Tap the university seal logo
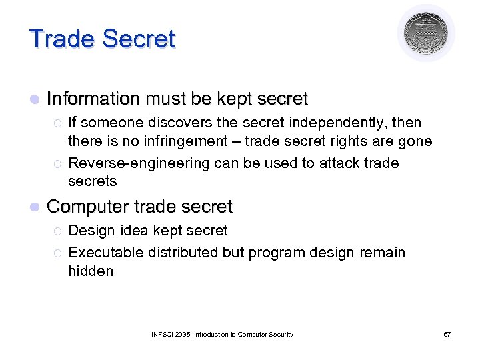coord(426,33)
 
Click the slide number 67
coord(447,334)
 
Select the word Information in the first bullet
coord(94,99)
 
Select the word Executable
coord(105,253)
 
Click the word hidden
coord(91,271)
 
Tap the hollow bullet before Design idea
coord(57,231)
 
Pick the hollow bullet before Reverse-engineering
coord(57,164)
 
